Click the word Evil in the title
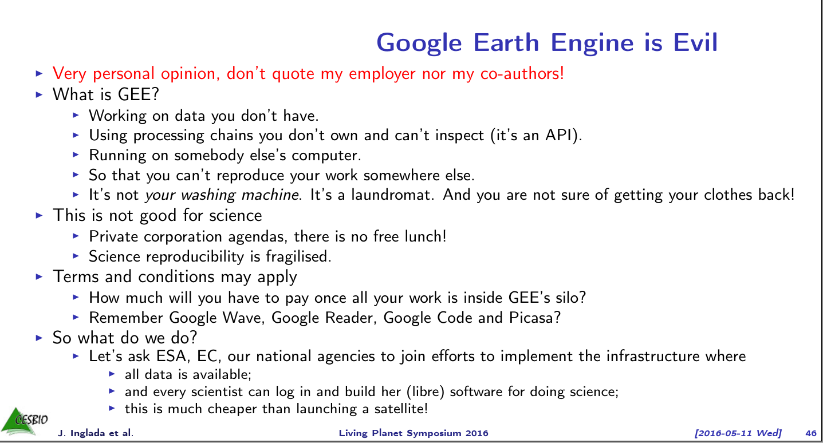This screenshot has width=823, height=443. coord(695,42)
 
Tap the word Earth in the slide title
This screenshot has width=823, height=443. coord(506,42)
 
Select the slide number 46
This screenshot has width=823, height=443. coord(811,433)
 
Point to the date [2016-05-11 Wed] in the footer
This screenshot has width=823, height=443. coord(738,433)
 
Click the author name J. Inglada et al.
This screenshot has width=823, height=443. coord(96,433)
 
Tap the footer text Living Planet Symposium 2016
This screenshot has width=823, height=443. coord(414,433)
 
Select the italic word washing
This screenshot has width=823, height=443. coord(208,195)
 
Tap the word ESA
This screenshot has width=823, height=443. coord(172,356)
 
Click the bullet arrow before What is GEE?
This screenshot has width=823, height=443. coord(40,94)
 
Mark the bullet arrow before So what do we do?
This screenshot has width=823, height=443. coord(40,338)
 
